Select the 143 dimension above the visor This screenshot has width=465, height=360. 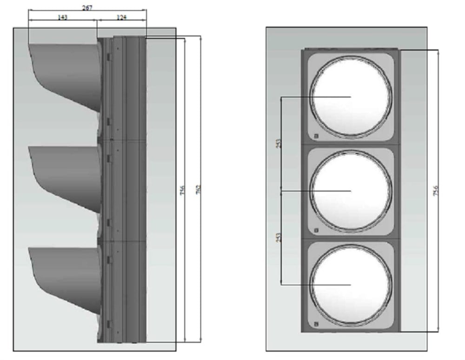[62, 17]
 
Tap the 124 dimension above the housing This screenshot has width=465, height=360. [121, 17]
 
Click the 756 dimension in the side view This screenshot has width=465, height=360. [183, 190]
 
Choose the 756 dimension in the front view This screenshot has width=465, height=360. [436, 190]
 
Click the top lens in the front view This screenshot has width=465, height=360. [351, 97]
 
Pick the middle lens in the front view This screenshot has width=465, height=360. [351, 191]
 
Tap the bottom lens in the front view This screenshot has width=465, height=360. [351, 285]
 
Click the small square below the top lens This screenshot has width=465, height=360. [316, 136]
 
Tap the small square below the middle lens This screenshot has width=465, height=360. [316, 230]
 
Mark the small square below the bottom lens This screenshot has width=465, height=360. [316, 324]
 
